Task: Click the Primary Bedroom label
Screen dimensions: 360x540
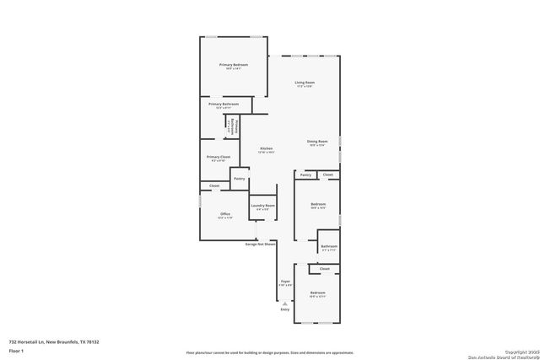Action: coord(234,65)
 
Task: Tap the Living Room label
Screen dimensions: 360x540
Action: coord(305,83)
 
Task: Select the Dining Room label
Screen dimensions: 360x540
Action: coord(317,141)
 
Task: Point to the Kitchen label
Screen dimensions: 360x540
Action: coord(266,148)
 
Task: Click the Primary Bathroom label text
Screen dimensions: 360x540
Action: coord(224,105)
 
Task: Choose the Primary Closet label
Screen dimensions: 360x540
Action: coord(219,157)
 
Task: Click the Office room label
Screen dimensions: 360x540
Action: coord(225,214)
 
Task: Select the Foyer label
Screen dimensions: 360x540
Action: coord(285,282)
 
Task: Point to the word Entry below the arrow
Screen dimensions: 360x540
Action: coord(284,309)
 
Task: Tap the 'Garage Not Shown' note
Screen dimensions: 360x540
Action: coord(261,244)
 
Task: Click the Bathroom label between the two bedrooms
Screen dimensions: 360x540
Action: coord(329,246)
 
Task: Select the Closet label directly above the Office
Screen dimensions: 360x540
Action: coord(214,185)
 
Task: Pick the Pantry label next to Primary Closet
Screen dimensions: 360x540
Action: coord(240,179)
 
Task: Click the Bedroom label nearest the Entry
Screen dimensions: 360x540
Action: coord(317,293)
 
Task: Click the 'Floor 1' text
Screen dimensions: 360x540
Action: coord(16,350)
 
